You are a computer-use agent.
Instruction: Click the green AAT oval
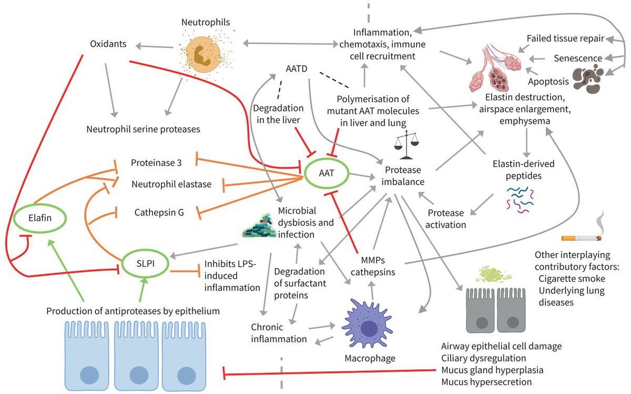pos(327,173)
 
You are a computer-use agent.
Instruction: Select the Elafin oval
pos(40,218)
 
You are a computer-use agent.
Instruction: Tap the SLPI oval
pos(145,263)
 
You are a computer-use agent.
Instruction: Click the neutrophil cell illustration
pos(206,52)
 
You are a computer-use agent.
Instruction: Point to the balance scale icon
pos(406,144)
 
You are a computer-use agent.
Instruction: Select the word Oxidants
pos(108,44)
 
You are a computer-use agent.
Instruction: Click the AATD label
pos(297,68)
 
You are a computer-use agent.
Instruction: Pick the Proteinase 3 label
pos(156,163)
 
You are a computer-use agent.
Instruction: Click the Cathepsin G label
pos(159,212)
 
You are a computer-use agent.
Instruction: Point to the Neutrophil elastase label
pos(171,184)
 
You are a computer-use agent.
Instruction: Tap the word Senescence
pos(578,58)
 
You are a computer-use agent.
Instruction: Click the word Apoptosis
pos(548,82)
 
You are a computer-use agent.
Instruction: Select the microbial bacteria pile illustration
pos(259,226)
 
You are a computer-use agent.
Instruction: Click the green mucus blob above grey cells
pos(493,274)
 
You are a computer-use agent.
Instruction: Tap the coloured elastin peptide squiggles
pos(520,200)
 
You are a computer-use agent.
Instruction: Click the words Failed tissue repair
pos(565,38)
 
